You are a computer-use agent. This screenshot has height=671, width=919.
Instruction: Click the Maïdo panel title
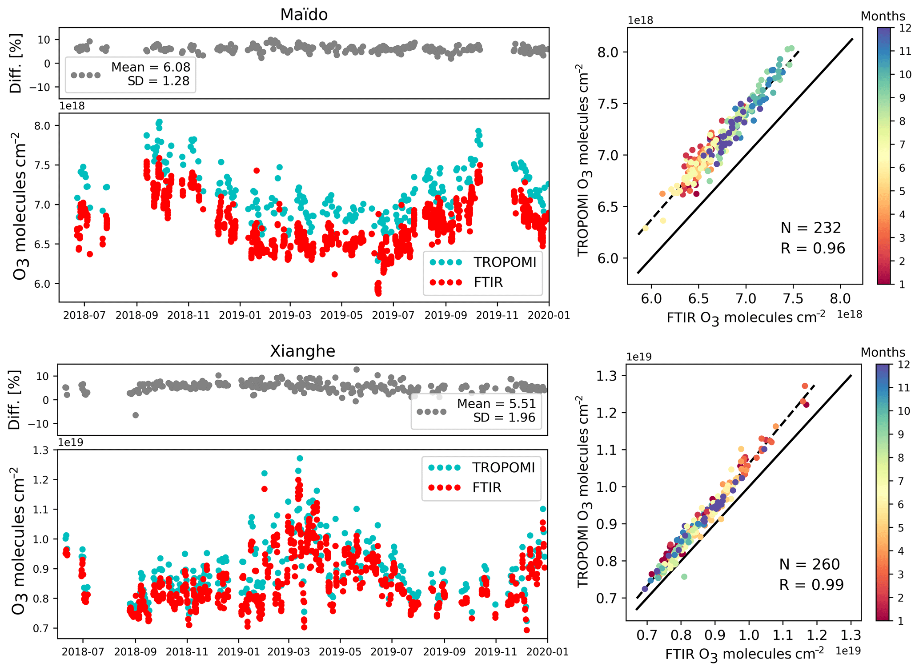[x=304, y=15]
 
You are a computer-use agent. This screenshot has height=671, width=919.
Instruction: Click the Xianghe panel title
[x=303, y=351]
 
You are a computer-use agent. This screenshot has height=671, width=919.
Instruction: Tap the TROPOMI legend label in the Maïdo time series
[x=505, y=262]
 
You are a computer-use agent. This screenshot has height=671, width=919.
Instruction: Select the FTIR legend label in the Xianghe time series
[x=487, y=488]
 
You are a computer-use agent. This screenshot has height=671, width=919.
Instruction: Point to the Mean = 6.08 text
[x=150, y=67]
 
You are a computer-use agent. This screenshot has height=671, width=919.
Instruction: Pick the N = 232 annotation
[x=811, y=228]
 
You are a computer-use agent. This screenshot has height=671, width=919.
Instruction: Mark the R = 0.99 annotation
[x=811, y=585]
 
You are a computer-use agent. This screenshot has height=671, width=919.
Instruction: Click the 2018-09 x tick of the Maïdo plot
[x=136, y=315]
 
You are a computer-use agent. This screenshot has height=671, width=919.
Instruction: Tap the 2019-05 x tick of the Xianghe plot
[x=340, y=652]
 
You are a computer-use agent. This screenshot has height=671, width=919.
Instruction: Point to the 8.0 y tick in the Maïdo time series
[x=42, y=126]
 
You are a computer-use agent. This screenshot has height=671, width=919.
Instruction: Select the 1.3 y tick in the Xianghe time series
[x=41, y=450]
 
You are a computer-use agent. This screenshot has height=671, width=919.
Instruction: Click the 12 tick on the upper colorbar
[x=905, y=28]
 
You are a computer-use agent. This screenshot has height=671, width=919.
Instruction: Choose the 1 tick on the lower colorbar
[x=901, y=621]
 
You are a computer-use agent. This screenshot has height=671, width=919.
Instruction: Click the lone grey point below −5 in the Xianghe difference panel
[x=136, y=415]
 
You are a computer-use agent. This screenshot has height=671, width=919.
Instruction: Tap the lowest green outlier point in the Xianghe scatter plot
[x=684, y=577]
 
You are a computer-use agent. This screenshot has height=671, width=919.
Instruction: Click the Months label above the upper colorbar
[x=883, y=16]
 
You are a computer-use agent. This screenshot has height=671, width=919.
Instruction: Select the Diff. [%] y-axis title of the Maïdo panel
[x=16, y=63]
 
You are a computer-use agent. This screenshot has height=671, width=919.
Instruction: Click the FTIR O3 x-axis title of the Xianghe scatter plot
[x=744, y=654]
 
